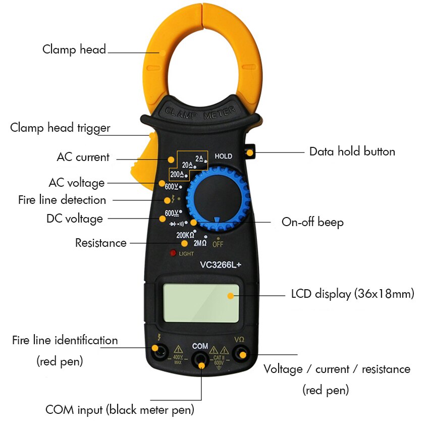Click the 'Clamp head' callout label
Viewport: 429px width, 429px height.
[x=74, y=49]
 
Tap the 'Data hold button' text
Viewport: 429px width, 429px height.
[x=352, y=151]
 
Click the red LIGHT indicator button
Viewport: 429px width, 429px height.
[x=173, y=253]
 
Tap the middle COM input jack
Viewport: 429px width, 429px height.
[x=200, y=359]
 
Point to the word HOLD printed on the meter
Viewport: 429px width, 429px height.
[x=223, y=156]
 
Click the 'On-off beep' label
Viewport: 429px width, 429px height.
[x=312, y=222]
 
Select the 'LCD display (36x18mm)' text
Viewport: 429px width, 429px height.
[x=352, y=294]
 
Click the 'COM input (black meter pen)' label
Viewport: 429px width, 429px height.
[x=120, y=409]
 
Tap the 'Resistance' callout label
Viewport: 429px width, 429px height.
[x=101, y=243]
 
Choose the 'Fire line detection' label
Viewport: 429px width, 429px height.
[x=62, y=200]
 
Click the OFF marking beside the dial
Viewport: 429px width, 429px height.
[x=218, y=244]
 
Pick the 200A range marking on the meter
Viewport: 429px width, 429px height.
[x=178, y=175]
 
